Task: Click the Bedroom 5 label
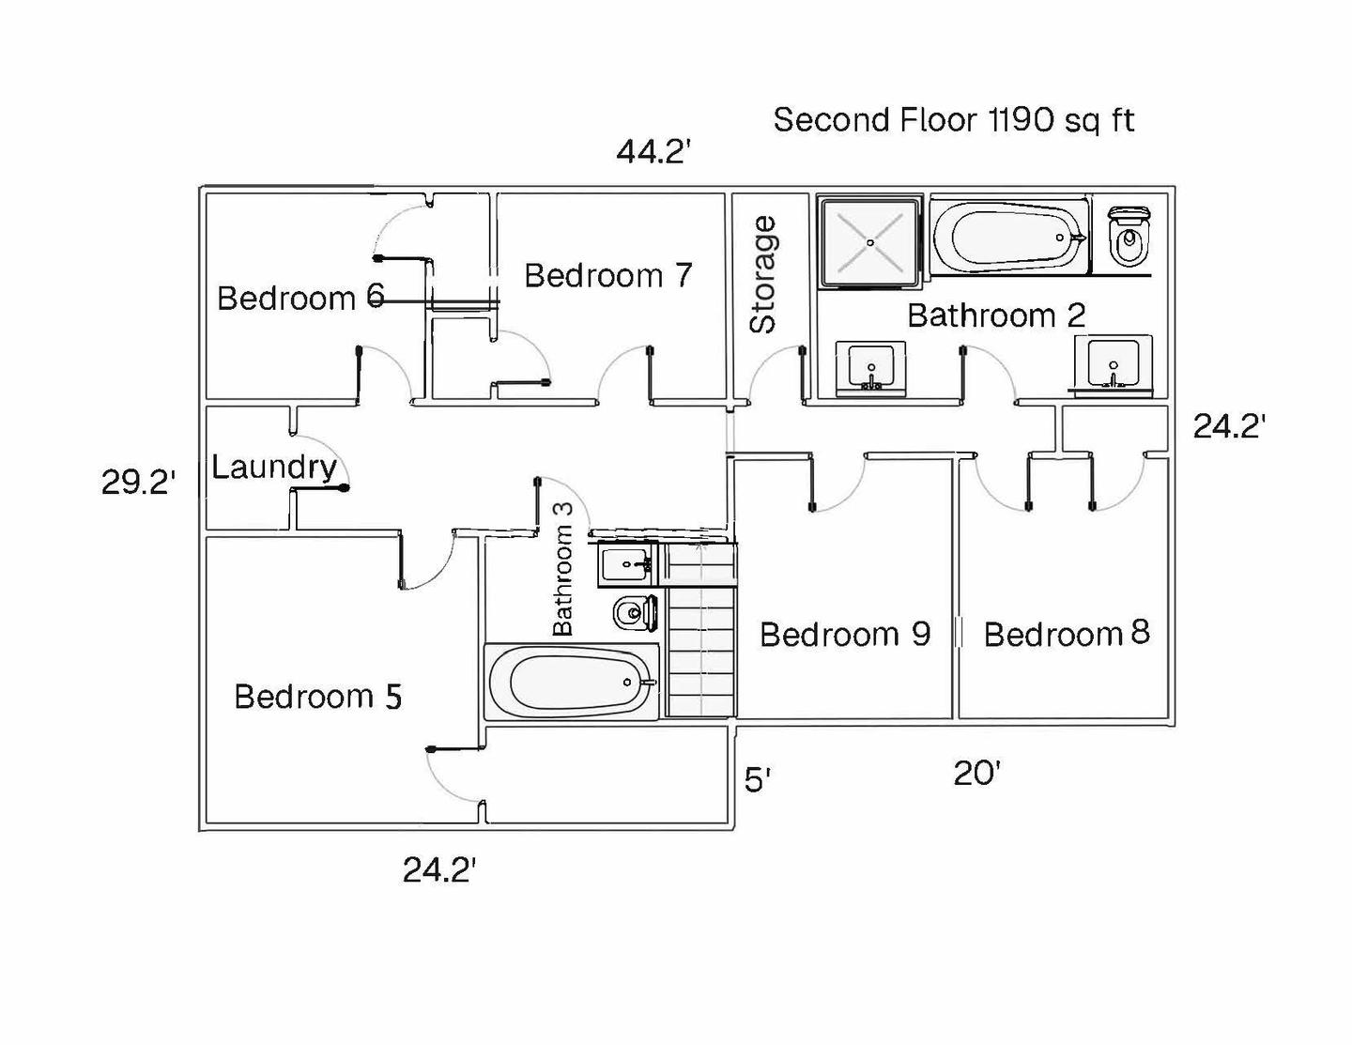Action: (x=317, y=697)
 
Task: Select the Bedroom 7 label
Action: (x=607, y=275)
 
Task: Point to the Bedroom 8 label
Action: (x=1067, y=634)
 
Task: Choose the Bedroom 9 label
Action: (x=844, y=635)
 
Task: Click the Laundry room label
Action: (x=273, y=467)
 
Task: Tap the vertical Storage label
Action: (x=763, y=274)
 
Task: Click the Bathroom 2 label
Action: (x=995, y=315)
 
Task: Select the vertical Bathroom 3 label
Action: (x=562, y=567)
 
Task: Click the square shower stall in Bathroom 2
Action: (x=869, y=241)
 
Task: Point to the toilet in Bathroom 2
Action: (x=1128, y=236)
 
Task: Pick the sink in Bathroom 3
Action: (x=627, y=564)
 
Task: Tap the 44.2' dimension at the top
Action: (x=653, y=151)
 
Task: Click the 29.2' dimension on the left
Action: (x=138, y=483)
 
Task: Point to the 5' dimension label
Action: (x=758, y=779)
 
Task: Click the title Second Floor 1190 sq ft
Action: (x=953, y=120)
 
